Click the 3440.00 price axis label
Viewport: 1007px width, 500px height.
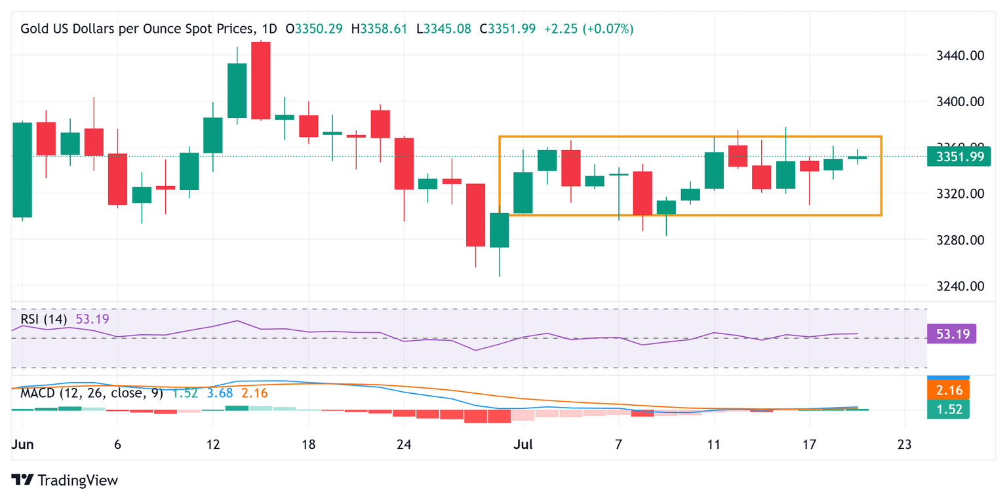[x=960, y=56]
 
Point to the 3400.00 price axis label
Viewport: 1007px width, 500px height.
[x=960, y=102]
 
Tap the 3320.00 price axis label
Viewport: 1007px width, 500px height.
[x=960, y=194]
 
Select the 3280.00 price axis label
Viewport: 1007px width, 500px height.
[x=960, y=240]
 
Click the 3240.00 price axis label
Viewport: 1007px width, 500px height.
[x=960, y=286]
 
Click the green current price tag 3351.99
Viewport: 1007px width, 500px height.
[x=959, y=157]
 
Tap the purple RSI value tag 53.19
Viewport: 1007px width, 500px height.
[x=952, y=334]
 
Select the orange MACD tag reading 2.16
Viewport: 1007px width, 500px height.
[x=948, y=390]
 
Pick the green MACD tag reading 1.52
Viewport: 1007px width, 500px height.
[x=948, y=410]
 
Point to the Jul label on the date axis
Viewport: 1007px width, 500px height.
[x=523, y=444]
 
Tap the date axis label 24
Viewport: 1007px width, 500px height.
[x=404, y=444]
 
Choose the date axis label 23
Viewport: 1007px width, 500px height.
[x=905, y=444]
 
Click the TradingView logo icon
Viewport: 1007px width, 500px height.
[x=22, y=480]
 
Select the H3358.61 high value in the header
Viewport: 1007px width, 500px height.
[x=379, y=29]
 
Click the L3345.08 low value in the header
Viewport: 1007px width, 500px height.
[x=444, y=29]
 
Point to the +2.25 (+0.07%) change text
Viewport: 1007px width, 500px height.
[x=589, y=29]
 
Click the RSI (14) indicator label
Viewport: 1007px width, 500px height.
[x=43, y=319]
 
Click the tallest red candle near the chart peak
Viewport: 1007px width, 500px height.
[x=261, y=81]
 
